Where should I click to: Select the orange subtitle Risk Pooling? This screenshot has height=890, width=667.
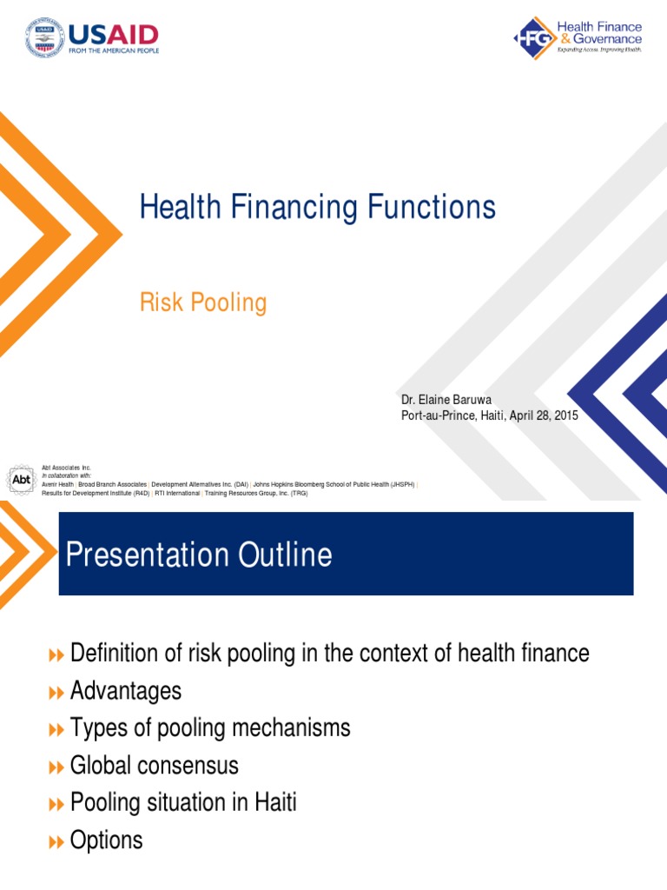pyautogui.click(x=202, y=302)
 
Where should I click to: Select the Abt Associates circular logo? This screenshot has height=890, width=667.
pyautogui.click(x=21, y=479)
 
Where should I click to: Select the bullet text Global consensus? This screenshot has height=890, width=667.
pyautogui.click(x=154, y=766)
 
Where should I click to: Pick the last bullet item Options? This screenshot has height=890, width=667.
pyautogui.click(x=106, y=840)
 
